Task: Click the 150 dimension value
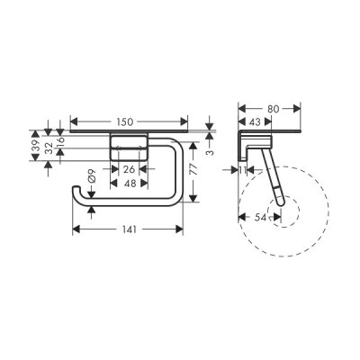pos(124,121)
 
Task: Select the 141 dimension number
pos(130,229)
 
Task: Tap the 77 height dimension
pos(194,170)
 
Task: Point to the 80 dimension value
pos(274,109)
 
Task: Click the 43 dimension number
pos(255,121)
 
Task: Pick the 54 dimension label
pos(261,217)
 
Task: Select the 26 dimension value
pos(129,169)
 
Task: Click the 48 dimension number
pos(130,183)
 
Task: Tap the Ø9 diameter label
pos(92,176)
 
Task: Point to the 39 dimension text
pos(35,146)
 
